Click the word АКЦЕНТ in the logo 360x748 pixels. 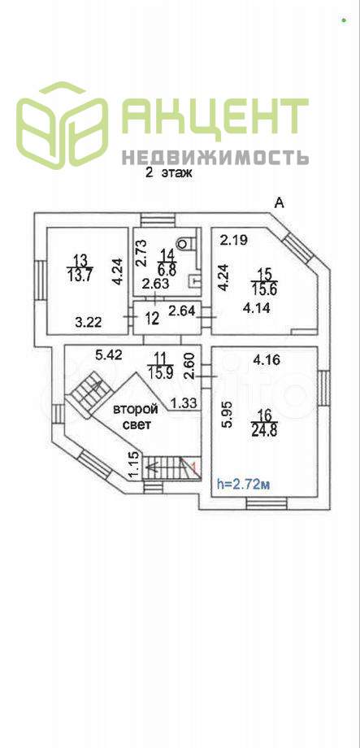point(215,117)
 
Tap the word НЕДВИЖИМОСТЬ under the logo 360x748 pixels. point(215,157)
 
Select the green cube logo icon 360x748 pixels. point(62,125)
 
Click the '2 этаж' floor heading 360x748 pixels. point(168,174)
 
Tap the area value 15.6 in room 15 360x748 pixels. point(264,289)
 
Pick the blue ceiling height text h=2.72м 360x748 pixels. point(244,485)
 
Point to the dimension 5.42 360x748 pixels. point(109,355)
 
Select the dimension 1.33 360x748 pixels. point(183,404)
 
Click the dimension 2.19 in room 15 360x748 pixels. point(234,241)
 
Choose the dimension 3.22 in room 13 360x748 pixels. point(89,323)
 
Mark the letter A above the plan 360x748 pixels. point(279,203)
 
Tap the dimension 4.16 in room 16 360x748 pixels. point(267,361)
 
